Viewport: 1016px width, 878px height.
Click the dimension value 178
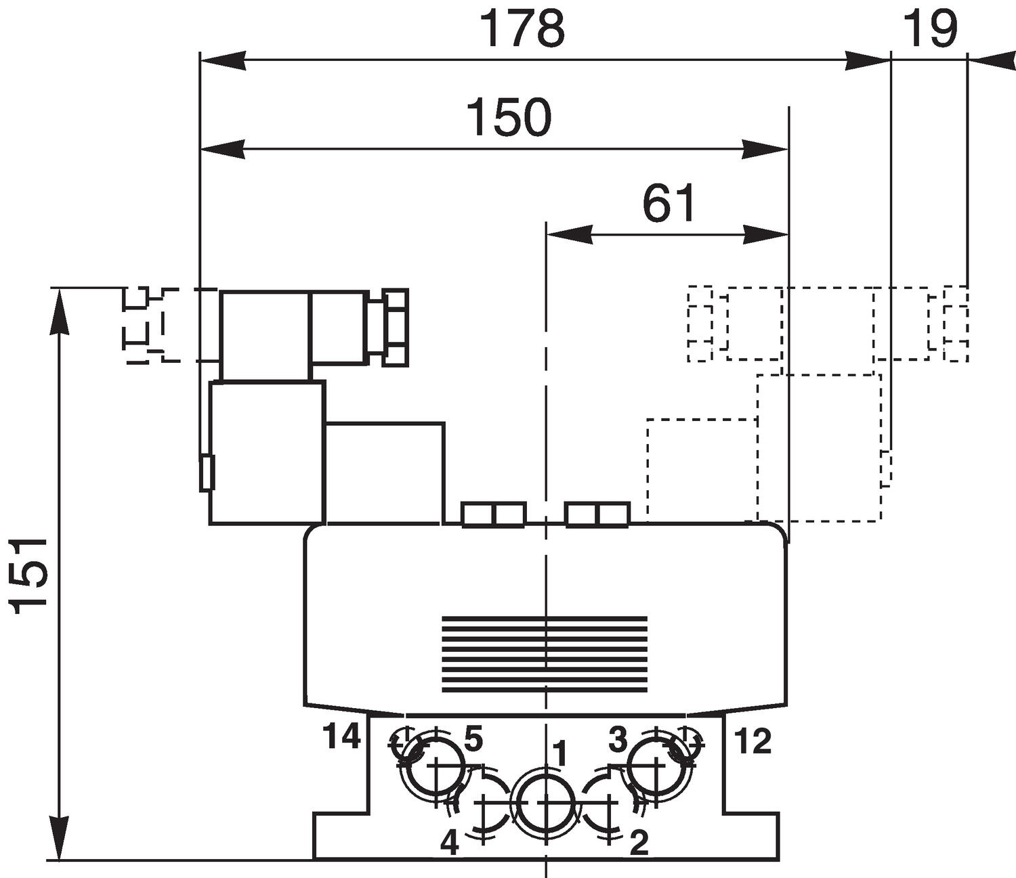pyautogui.click(x=522, y=29)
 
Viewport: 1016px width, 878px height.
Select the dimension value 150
pyautogui.click(x=509, y=117)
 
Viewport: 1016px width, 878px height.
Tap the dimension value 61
pyautogui.click(x=669, y=204)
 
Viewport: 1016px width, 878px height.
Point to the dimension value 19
pyautogui.click(x=931, y=29)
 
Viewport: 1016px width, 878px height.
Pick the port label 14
pyautogui.click(x=341, y=737)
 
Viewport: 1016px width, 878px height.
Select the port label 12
pyautogui.click(x=753, y=742)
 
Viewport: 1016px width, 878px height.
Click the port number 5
pyautogui.click(x=473, y=739)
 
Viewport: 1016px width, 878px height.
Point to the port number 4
pyautogui.click(x=450, y=843)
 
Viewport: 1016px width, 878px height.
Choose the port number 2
pyautogui.click(x=639, y=843)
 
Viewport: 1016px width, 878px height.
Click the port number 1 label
pyautogui.click(x=559, y=753)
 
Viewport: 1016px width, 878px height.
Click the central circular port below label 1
pyautogui.click(x=545, y=802)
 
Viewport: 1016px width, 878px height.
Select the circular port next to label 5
pyautogui.click(x=433, y=765)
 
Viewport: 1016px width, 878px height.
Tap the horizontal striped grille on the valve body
pyautogui.click(x=544, y=653)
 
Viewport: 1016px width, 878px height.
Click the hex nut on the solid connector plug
pyautogui.click(x=396, y=328)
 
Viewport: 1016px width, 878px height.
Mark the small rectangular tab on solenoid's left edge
pyautogui.click(x=207, y=473)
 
